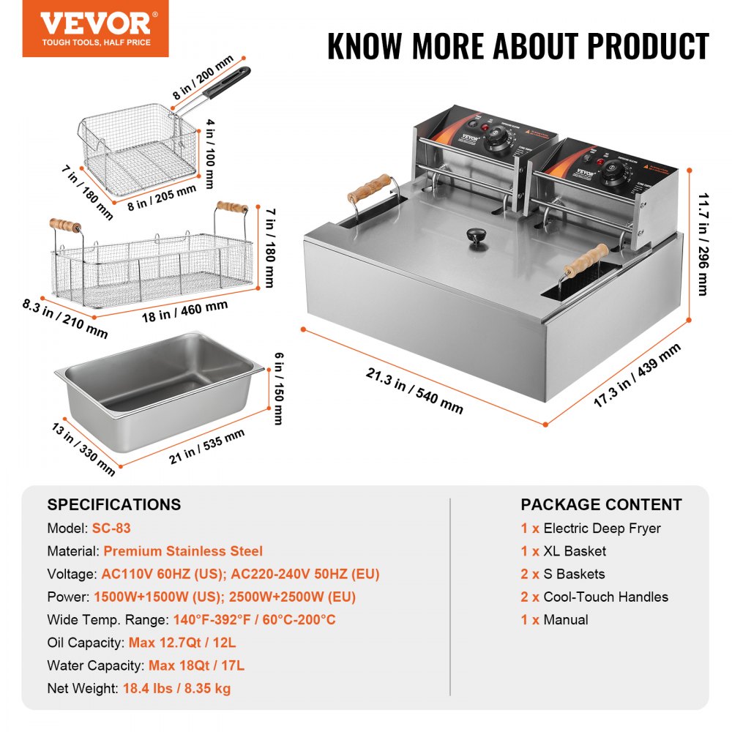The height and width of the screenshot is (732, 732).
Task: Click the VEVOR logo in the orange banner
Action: click(x=95, y=23)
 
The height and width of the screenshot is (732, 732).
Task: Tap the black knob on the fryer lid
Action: click(x=477, y=237)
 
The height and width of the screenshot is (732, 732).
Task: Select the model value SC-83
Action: click(x=111, y=528)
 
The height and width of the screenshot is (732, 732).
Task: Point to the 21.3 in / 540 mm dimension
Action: click(x=414, y=389)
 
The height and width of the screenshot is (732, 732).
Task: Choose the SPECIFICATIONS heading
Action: click(x=113, y=504)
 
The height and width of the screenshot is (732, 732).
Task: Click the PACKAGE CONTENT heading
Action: click(x=601, y=504)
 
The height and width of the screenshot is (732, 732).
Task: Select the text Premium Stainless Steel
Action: click(x=182, y=551)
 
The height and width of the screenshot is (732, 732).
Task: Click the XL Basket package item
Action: click(x=575, y=551)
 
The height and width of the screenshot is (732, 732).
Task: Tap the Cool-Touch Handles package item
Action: click(x=605, y=597)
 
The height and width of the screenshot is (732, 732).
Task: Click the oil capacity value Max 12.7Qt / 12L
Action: click(x=182, y=643)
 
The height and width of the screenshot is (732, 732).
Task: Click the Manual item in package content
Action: click(x=565, y=619)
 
